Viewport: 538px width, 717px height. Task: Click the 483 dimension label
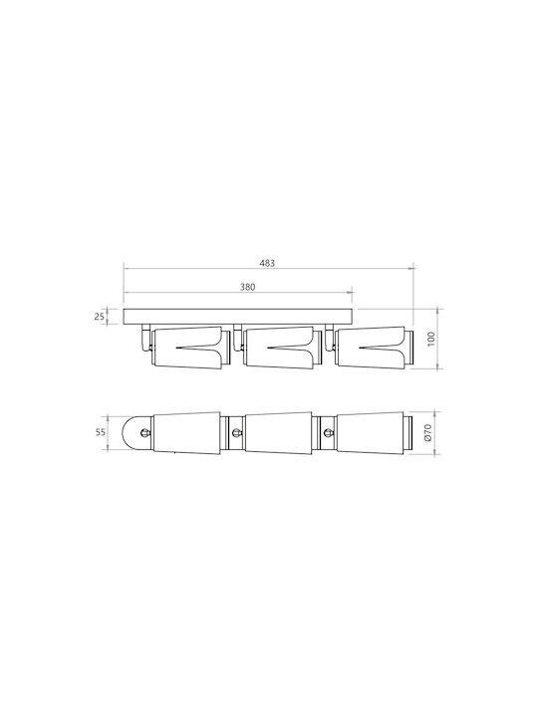268,263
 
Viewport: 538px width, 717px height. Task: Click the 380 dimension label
247,287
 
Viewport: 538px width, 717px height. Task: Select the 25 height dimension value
100,316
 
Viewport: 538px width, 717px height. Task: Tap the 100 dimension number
430,339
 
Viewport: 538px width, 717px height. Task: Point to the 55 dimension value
101,432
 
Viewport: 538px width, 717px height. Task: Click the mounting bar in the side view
238,317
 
